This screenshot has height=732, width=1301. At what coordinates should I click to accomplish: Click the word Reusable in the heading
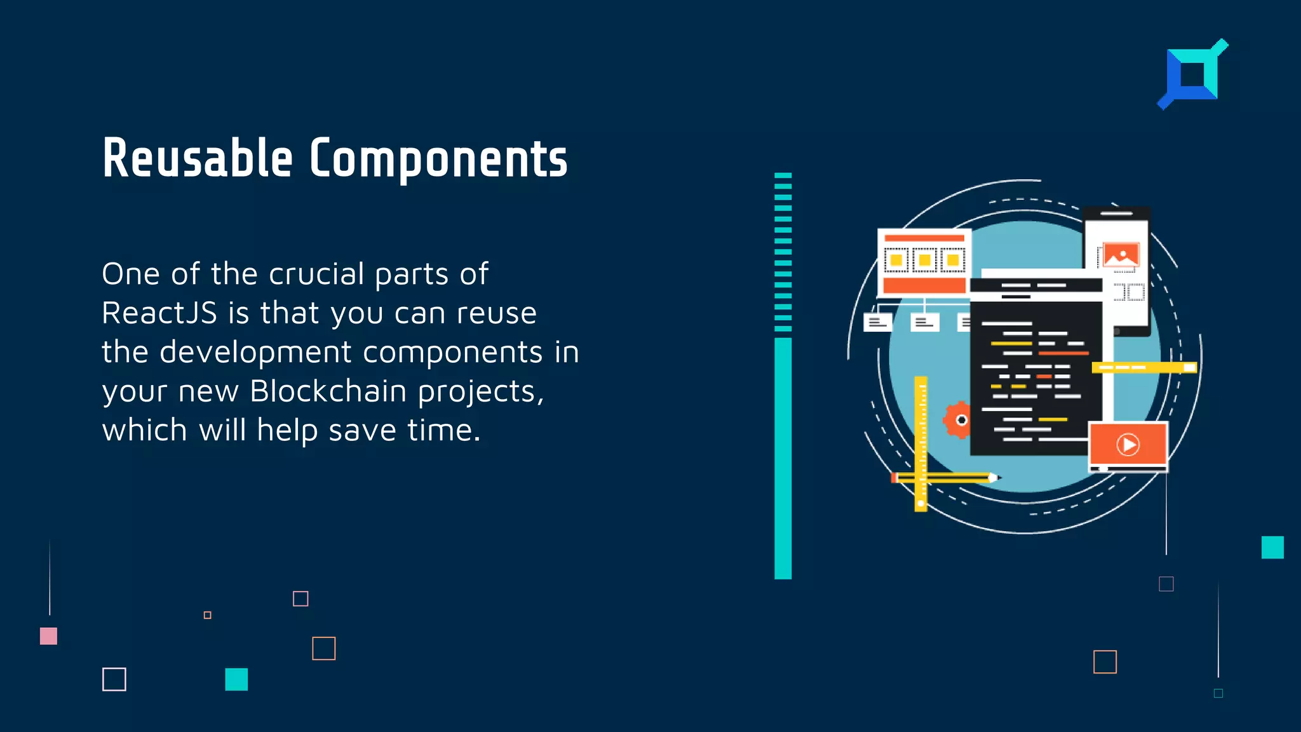click(x=198, y=159)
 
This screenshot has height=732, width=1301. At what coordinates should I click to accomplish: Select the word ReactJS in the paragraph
click(x=159, y=313)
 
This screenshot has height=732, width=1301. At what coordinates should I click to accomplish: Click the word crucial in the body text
click(x=316, y=274)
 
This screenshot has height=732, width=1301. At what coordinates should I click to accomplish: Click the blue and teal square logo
click(x=1192, y=75)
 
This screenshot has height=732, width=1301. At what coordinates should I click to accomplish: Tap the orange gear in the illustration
click(x=958, y=419)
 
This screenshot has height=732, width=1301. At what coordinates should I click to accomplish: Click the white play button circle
click(x=1128, y=444)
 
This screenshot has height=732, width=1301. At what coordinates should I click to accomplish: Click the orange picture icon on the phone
click(x=1121, y=255)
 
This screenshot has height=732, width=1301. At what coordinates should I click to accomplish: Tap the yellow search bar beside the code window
click(x=1143, y=367)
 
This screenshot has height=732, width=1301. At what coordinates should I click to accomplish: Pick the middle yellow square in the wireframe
click(x=924, y=260)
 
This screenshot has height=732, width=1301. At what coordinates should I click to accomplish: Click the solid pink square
click(x=48, y=636)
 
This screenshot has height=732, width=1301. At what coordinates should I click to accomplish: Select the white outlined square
click(x=114, y=679)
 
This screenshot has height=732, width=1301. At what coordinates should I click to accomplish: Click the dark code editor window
click(x=1035, y=375)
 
